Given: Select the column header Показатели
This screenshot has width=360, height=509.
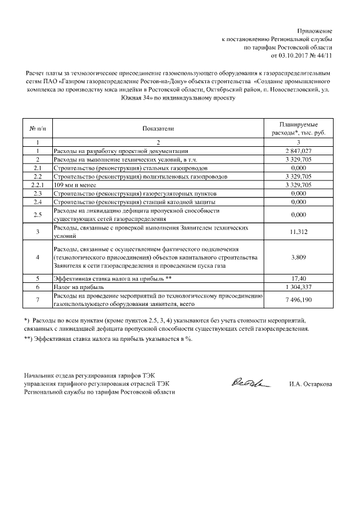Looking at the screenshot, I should click(x=158, y=129).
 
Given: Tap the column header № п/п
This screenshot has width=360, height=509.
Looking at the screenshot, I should click(x=37, y=129).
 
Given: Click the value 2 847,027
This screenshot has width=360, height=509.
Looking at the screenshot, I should click(x=299, y=151).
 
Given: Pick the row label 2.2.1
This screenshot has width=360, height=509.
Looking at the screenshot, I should click(x=37, y=184).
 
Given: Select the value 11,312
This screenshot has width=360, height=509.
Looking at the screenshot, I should click(x=299, y=231).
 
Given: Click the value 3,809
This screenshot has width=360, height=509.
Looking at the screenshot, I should click(x=299, y=257).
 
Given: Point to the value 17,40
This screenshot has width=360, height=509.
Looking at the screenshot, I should click(x=299, y=278).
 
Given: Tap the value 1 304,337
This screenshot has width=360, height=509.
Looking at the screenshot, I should click(x=299, y=286).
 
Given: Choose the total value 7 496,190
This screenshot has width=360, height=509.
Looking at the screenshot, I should click(x=299, y=299).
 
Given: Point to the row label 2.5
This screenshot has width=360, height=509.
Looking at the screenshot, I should click(x=37, y=214).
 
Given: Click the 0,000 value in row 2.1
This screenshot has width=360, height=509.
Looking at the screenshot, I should click(x=299, y=168).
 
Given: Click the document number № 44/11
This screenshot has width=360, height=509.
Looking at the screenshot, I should click(x=322, y=56).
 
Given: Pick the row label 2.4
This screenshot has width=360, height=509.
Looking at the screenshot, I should click(x=37, y=201).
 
